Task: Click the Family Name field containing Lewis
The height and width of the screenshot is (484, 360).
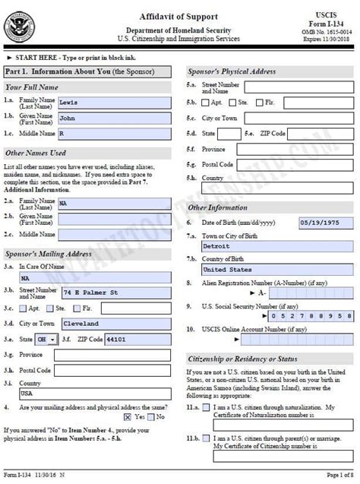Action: point(115,100)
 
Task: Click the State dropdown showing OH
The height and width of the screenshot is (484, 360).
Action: point(47,339)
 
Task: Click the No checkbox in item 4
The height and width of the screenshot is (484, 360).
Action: point(150,416)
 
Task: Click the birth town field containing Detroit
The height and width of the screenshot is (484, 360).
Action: point(277,246)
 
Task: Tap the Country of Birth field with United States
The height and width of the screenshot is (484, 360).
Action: point(277,269)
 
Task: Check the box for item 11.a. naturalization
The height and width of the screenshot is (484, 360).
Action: point(206,408)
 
